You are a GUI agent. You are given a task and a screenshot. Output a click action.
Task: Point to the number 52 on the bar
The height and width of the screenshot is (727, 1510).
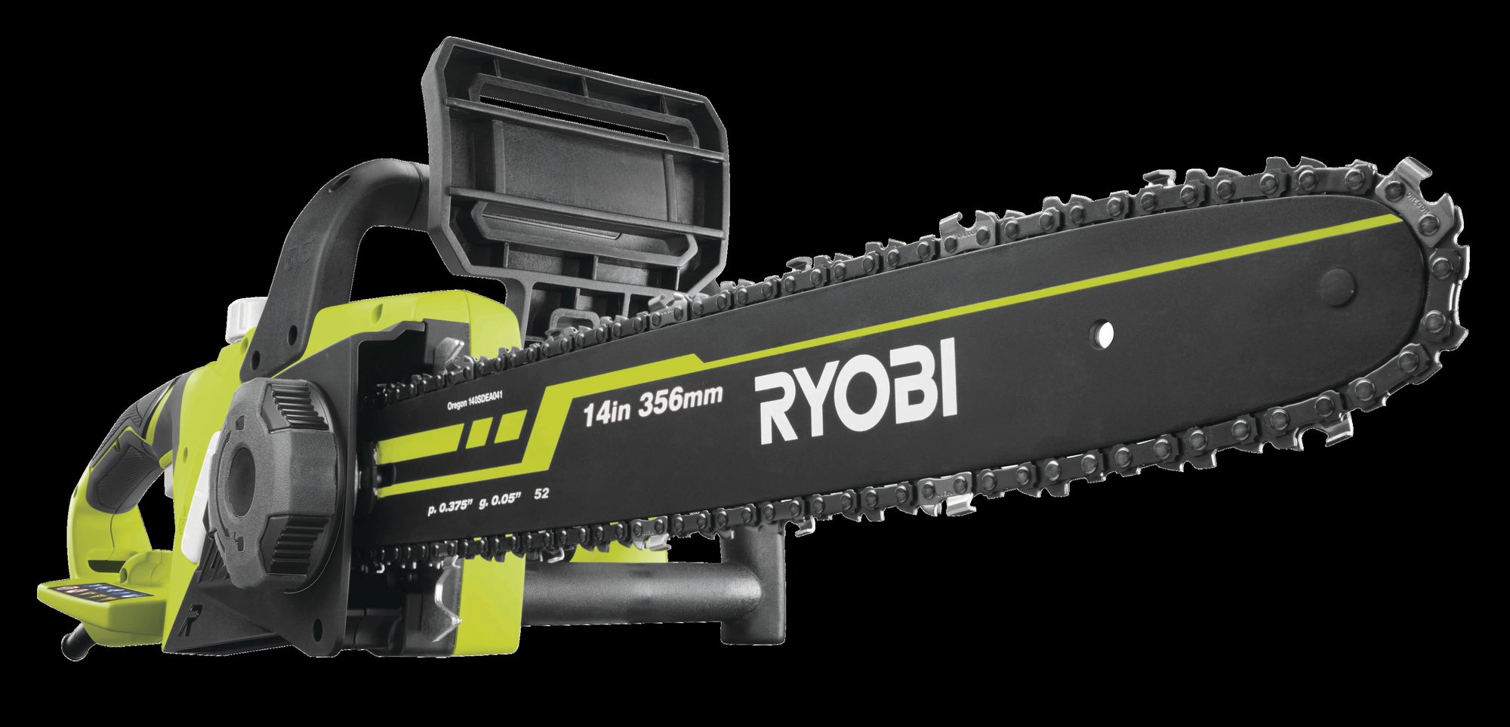(x=541, y=494)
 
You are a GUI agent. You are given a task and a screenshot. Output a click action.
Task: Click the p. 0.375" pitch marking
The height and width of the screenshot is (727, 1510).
(x=449, y=507)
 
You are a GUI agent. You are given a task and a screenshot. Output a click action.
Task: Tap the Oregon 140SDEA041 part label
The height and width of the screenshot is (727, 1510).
(x=474, y=401)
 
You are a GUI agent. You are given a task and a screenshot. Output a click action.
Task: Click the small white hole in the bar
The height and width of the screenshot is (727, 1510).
(x=1104, y=333)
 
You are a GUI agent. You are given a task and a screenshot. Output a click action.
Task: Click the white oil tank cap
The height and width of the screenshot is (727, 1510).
(x=245, y=317)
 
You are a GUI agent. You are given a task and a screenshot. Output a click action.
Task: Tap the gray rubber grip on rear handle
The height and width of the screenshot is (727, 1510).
(x=128, y=453)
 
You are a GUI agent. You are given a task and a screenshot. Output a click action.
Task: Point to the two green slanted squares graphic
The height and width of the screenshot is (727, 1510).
(x=495, y=430)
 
